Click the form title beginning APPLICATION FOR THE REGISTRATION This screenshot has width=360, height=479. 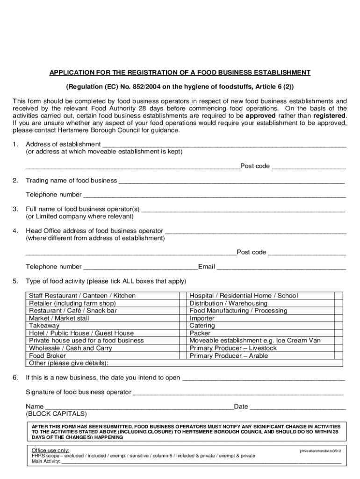coord(180,73)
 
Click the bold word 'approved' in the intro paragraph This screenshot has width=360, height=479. coord(260,116)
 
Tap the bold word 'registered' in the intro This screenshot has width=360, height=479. coord(330,116)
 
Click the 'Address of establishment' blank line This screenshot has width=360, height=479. coord(224,145)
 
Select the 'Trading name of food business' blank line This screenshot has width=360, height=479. coord(231,181)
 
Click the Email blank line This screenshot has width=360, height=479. coord(281,267)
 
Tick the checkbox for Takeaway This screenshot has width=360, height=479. coord(183,326)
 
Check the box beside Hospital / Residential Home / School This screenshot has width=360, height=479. coord(338,296)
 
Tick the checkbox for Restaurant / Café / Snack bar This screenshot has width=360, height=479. coord(183,311)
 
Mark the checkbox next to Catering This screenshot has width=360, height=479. coord(338,326)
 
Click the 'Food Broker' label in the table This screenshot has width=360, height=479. coord(47,356)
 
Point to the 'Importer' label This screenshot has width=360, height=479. coord(202,318)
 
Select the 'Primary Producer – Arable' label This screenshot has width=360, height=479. coord(229,356)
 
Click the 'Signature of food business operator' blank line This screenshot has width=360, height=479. coord(238,392)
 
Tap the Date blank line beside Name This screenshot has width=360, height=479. coord(298,407)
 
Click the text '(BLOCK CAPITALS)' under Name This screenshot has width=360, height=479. coord(56,414)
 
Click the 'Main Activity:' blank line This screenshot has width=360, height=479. coord(201,461)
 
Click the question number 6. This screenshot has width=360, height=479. coord(15,377)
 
